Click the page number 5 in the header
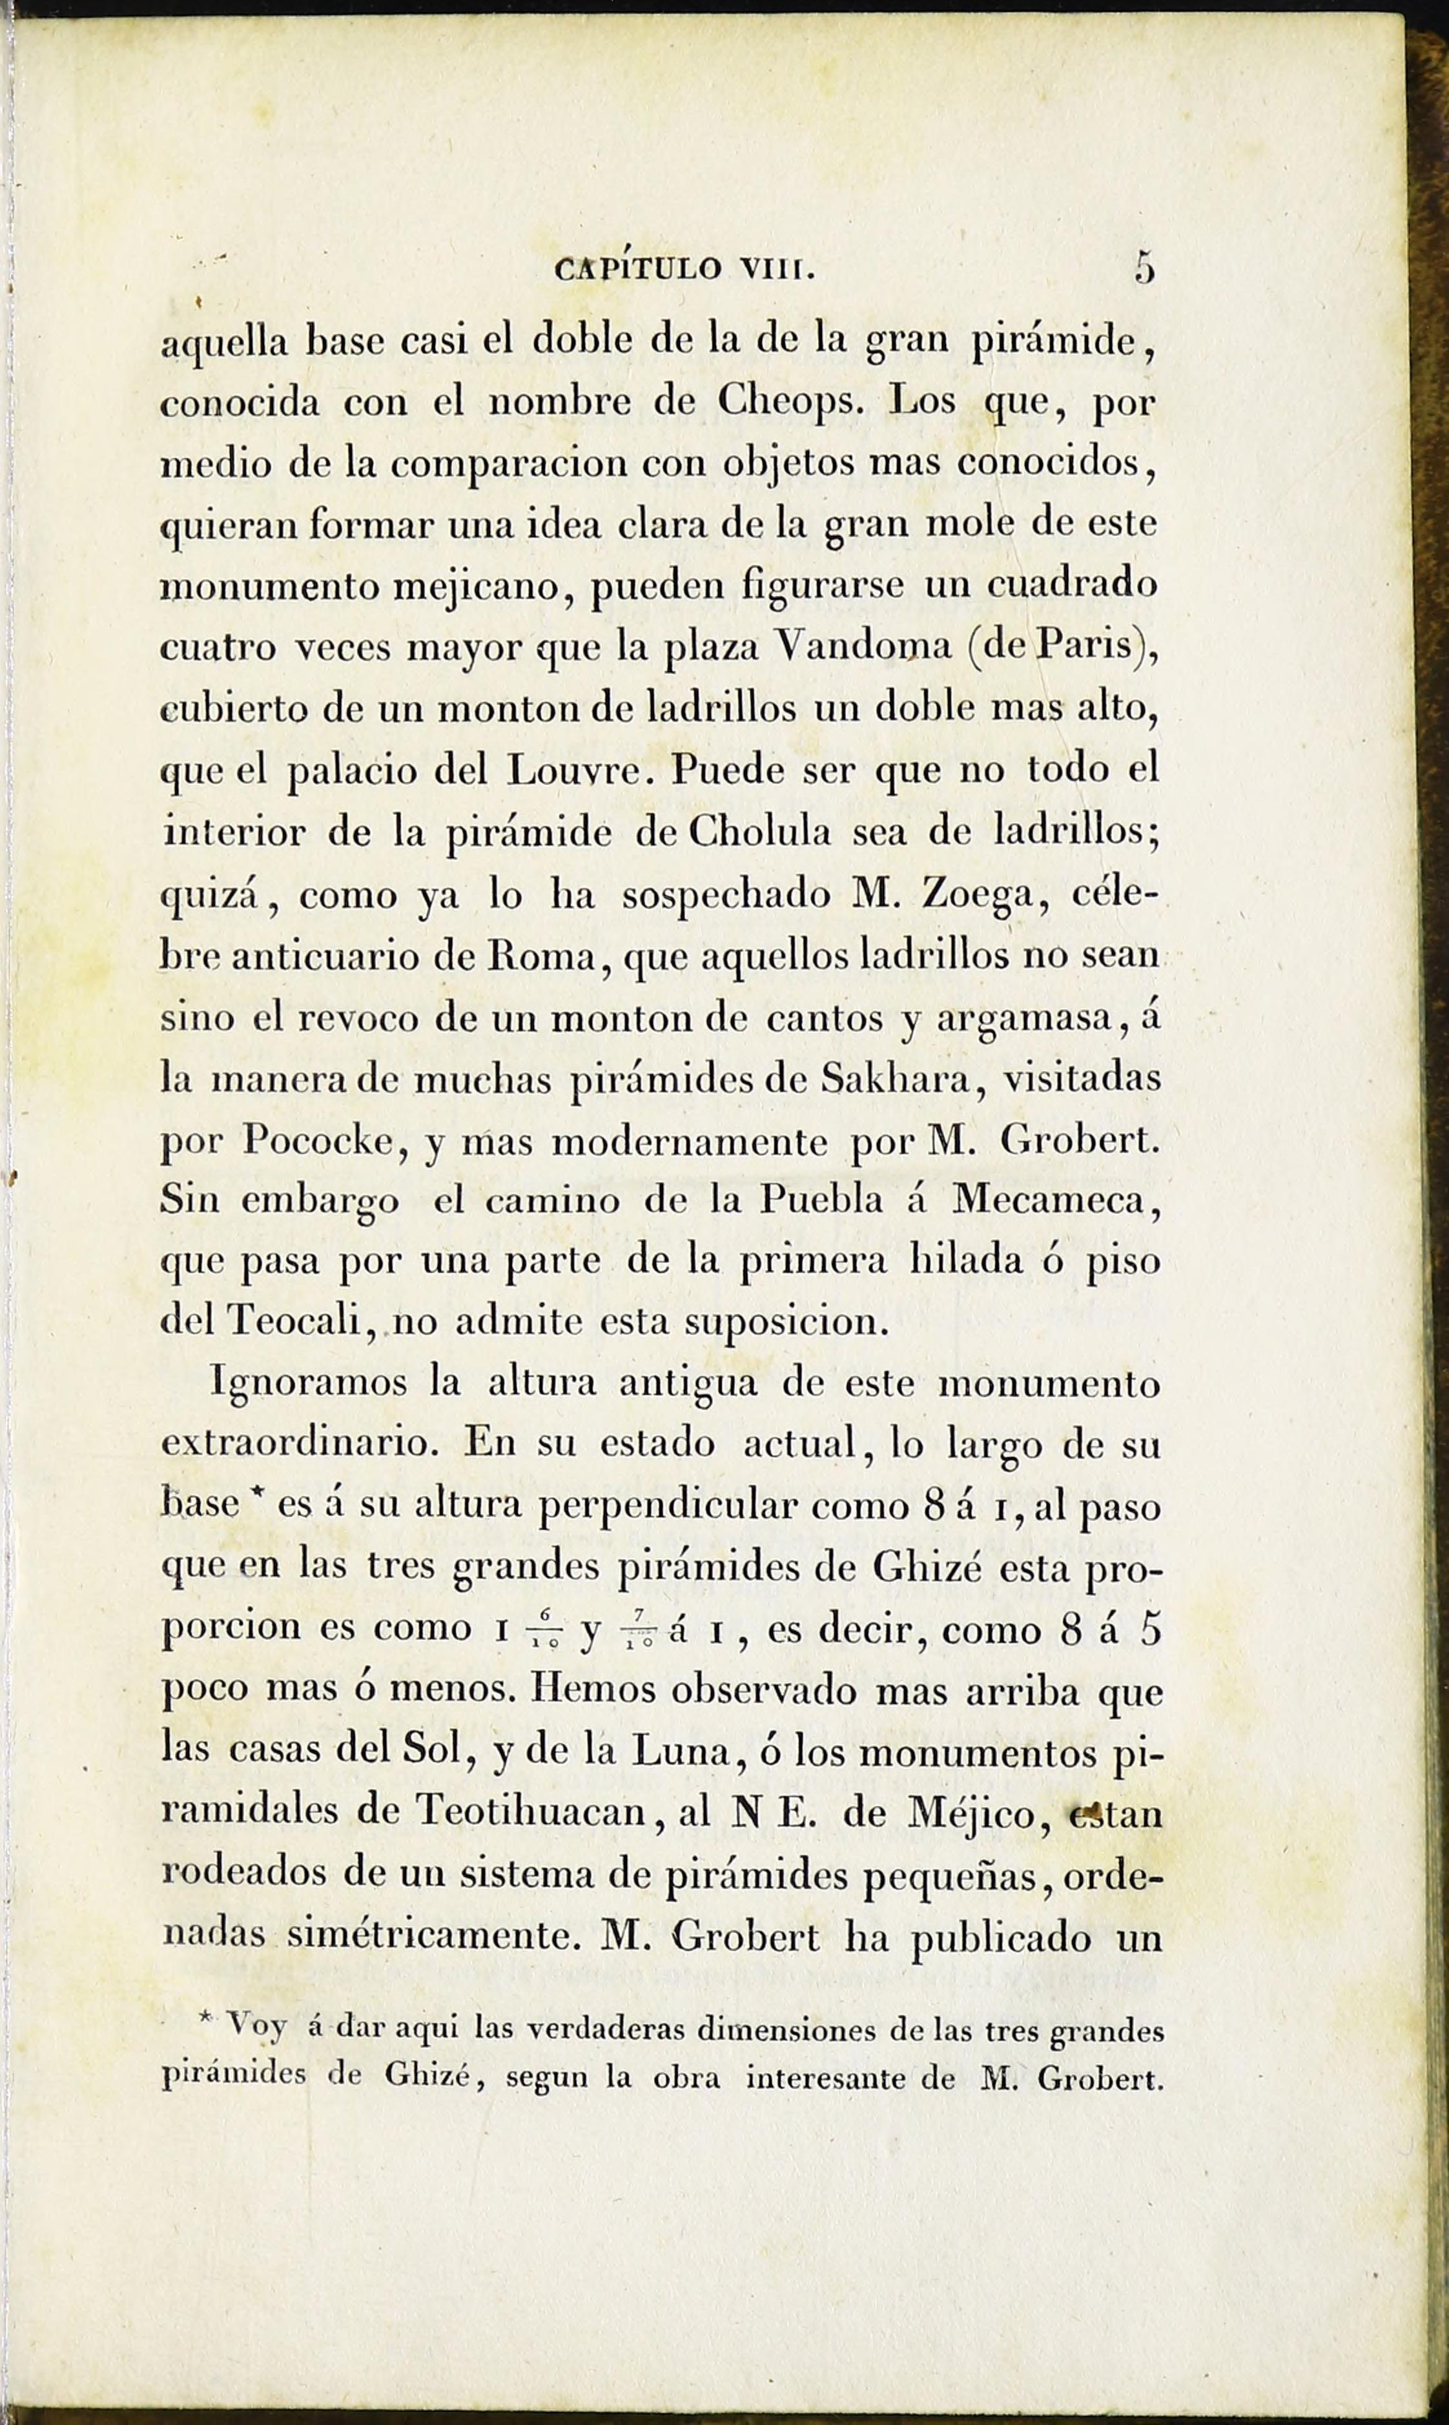(x=1144, y=267)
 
